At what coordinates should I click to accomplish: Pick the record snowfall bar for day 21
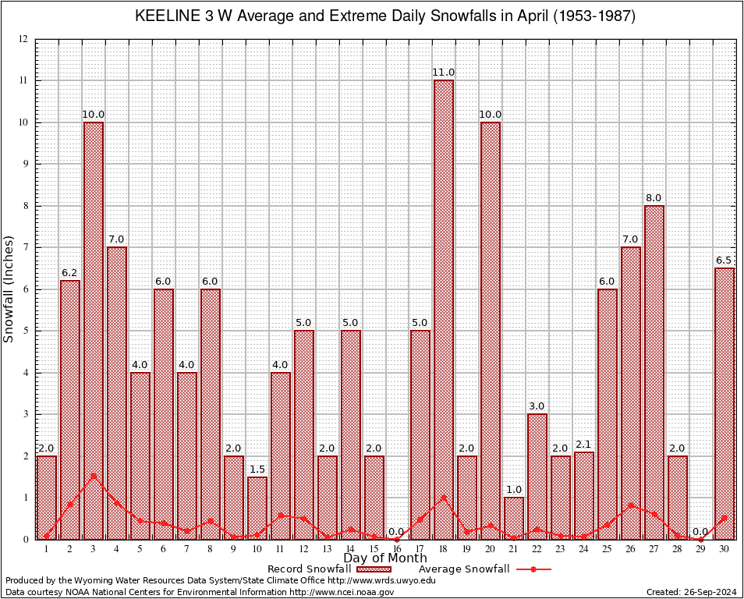click(x=514, y=518)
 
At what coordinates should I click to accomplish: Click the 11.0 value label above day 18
click(x=444, y=73)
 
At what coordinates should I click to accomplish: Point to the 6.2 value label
click(x=70, y=273)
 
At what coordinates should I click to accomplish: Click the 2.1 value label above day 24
click(x=584, y=445)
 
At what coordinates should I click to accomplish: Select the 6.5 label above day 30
click(x=725, y=261)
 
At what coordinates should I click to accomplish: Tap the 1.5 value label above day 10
click(x=257, y=470)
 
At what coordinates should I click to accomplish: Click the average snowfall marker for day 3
click(x=94, y=475)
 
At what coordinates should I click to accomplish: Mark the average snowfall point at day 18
click(x=444, y=497)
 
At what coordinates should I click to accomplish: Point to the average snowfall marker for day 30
click(x=725, y=517)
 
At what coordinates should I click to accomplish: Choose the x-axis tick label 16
click(x=397, y=549)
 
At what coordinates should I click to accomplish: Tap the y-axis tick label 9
click(x=25, y=165)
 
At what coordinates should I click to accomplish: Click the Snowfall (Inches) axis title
click(x=9, y=289)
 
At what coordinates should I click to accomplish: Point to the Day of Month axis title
click(x=385, y=558)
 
